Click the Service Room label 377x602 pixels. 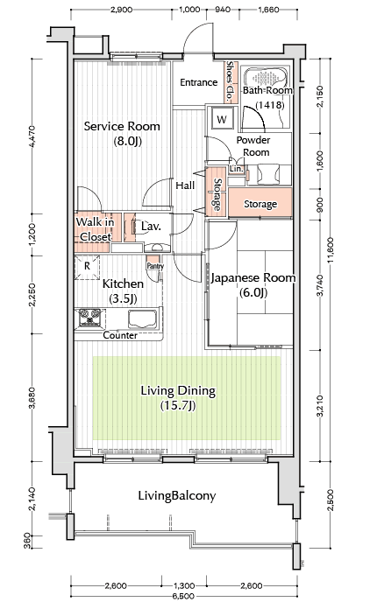coord(122,126)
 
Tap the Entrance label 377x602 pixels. coord(199,82)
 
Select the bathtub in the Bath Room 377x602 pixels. coord(265,79)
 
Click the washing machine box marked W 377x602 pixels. coord(222,119)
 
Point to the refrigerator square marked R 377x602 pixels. coord(88,266)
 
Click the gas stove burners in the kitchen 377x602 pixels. coord(90,318)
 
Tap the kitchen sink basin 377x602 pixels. coord(142,319)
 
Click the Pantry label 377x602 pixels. coord(155,266)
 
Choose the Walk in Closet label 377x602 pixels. coord(95,229)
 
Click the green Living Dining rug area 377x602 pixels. coord(187,398)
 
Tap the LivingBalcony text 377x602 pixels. coord(177,495)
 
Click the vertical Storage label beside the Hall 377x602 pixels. coord(217,194)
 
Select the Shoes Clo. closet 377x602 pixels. coord(231,81)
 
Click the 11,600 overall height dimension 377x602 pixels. coord(331,255)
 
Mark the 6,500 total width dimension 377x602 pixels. coord(184,596)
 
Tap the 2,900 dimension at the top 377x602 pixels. coord(122,10)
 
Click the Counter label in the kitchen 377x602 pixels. coord(120,335)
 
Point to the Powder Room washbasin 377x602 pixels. coord(269,174)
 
